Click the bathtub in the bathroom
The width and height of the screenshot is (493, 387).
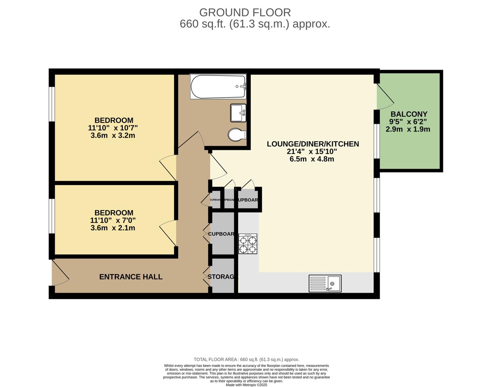pos(218,87)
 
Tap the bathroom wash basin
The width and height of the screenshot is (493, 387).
pos(238,113)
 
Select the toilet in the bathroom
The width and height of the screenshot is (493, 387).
pos(237,135)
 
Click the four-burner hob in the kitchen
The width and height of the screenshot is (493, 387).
pos(248,244)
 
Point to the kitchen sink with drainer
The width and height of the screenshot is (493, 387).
pos(325,283)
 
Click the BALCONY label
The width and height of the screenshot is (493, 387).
pos(409,114)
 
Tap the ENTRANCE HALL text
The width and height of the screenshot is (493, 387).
pos(131,277)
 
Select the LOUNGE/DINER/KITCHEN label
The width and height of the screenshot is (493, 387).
pos(313,144)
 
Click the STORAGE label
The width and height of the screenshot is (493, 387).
pos(222,277)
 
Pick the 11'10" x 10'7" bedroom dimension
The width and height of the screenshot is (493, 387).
pos(113,128)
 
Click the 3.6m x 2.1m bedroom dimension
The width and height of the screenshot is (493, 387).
pos(113,228)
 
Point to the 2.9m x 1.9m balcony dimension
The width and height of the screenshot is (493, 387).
pos(408,129)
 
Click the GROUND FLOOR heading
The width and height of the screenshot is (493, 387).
pos(245,13)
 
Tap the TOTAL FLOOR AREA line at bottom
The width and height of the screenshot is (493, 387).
pos(246,359)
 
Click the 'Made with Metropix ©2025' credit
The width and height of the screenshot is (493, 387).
pos(246,385)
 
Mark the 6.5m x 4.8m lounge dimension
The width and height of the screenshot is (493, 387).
pos(312,159)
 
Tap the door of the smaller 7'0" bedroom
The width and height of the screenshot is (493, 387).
pos(168,234)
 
